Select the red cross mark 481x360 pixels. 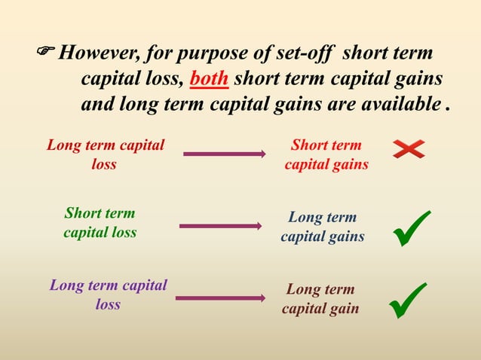pyautogui.click(x=409, y=150)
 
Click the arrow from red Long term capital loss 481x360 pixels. pyautogui.click(x=224, y=154)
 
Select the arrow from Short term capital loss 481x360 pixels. pyautogui.click(x=220, y=225)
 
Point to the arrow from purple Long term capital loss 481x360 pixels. pyautogui.click(x=220, y=298)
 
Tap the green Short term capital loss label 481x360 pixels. pyautogui.click(x=100, y=223)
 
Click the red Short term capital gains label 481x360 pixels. pyautogui.click(x=326, y=154)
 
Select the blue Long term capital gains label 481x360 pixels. pyautogui.click(x=322, y=227)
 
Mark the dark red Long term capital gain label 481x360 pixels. pyautogui.click(x=320, y=299)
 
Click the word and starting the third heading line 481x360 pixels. pyautogui.click(x=97, y=104)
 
